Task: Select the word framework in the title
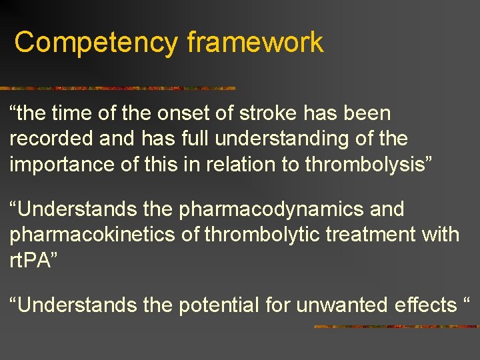(255, 43)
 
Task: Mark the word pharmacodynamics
(272, 209)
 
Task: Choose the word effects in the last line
(425, 305)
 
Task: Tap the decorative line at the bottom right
(396, 327)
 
